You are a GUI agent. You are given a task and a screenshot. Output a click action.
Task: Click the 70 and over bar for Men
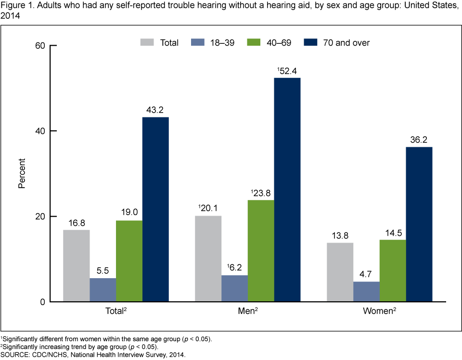point(287,190)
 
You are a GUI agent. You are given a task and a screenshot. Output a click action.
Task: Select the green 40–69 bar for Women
point(392,270)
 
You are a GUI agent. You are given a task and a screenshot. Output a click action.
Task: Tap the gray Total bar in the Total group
point(76,266)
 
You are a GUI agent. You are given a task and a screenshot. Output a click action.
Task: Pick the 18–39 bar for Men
point(234,288)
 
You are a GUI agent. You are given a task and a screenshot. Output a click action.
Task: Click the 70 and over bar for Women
point(419,224)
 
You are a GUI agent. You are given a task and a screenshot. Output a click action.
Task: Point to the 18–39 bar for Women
point(366,292)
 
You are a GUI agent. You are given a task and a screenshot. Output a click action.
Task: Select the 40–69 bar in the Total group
point(129,261)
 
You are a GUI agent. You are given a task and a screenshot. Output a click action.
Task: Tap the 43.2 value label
point(155,110)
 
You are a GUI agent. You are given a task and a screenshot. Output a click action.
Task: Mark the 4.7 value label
point(366,275)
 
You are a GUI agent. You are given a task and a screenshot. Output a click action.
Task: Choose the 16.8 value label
point(76,223)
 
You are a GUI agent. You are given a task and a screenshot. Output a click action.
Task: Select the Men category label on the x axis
point(246,311)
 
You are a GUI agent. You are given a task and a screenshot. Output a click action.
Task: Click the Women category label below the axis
point(378,311)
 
